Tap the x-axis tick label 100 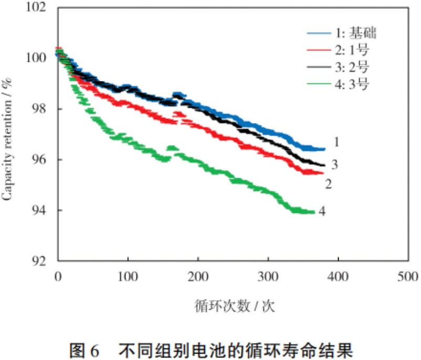click(x=128, y=276)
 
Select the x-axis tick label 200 click(x=198, y=276)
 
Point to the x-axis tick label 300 click(x=268, y=276)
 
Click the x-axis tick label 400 click(x=339, y=276)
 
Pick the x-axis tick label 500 click(x=408, y=276)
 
